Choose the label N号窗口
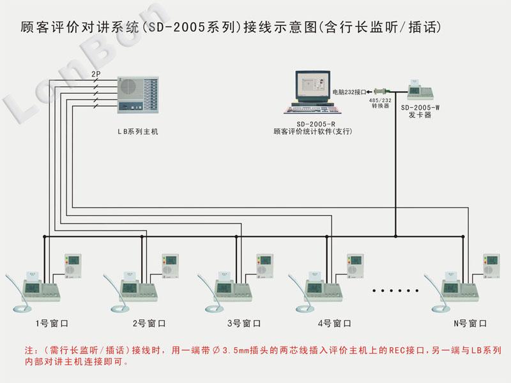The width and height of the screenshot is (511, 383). pyautogui.click(x=470, y=324)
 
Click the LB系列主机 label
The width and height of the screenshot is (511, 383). pyautogui.click(x=137, y=131)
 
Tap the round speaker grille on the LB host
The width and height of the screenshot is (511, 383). pyautogui.click(x=128, y=87)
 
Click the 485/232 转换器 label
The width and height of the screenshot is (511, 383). pyautogui.click(x=381, y=103)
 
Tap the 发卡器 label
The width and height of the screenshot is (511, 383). pyautogui.click(x=420, y=116)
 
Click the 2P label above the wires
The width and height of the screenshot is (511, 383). pyautogui.click(x=95, y=75)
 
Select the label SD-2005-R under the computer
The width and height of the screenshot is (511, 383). pyautogui.click(x=312, y=124)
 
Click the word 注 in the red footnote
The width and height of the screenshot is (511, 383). pyautogui.click(x=29, y=351)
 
